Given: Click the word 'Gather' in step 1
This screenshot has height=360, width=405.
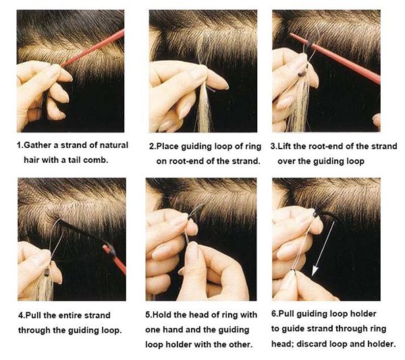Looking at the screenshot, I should pos(40,146).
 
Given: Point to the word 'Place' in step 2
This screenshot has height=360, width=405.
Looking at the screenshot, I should pos(170,146).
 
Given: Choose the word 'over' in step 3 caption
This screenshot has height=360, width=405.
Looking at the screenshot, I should pos(289,161).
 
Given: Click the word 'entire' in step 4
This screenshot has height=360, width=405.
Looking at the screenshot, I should pos(70,315).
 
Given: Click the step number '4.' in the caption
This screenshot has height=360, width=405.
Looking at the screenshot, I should pos(22,315).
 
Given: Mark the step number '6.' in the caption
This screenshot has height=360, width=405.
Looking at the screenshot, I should pos(275,314).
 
